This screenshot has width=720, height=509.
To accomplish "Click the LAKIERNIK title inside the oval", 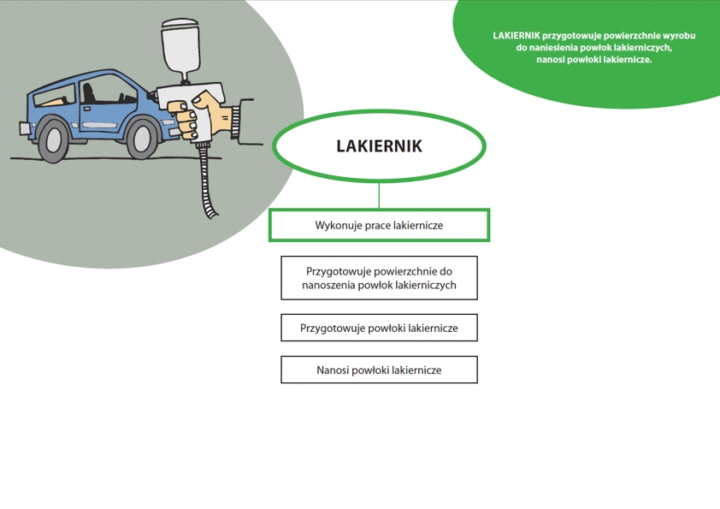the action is [x=379, y=146].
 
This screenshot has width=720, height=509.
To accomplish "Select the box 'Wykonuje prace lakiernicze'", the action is [x=380, y=225].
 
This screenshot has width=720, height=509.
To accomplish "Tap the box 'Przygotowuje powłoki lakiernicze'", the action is [x=380, y=328].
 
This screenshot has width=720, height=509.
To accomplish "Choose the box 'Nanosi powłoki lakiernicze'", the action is [x=380, y=370].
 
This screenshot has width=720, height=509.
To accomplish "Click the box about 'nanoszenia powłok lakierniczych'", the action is [x=380, y=278].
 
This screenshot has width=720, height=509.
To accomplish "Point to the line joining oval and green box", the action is [x=379, y=196].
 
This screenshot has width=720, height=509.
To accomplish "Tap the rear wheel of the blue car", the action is [x=54, y=139].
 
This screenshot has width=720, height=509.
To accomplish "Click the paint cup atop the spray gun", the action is [x=180, y=48].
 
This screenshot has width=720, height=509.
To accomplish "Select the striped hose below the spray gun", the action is [x=208, y=181].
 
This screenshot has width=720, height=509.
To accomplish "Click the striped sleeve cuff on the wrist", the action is [x=235, y=122].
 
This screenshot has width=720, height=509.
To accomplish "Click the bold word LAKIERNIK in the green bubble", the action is [x=516, y=35].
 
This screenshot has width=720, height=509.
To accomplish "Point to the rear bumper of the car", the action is [x=24, y=127].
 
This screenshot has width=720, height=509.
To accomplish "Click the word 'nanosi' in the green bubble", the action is [x=550, y=60].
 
